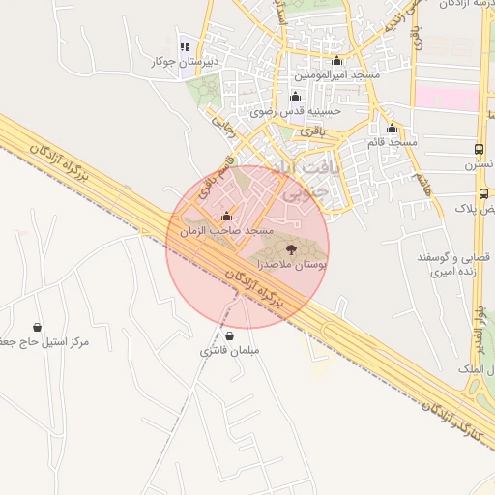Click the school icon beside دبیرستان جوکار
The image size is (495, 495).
click(x=185, y=46)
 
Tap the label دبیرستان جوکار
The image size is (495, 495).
click(x=185, y=62)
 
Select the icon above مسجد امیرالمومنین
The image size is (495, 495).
click(x=336, y=61)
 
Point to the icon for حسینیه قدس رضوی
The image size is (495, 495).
click(x=295, y=97)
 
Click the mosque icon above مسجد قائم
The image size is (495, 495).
click(x=392, y=129)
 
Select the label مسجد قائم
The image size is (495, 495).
click(x=392, y=142)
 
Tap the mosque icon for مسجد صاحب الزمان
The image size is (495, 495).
click(x=226, y=217)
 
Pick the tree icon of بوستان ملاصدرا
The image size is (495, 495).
click(x=292, y=249)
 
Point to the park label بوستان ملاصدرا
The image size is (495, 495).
click(x=291, y=264)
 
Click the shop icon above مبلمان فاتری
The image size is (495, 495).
click(x=230, y=336)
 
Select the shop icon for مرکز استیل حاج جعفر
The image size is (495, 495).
click(x=38, y=327)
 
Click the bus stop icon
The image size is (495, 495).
click(x=480, y=149)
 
